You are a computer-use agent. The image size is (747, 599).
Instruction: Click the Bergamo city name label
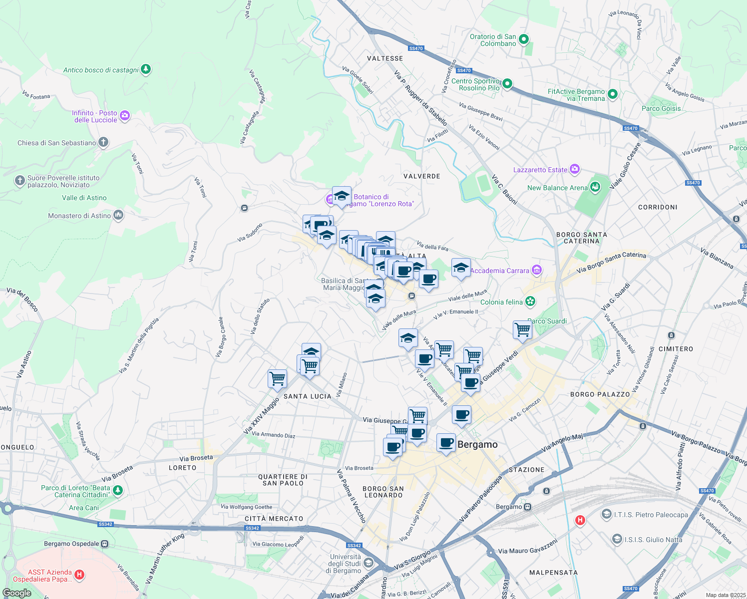click(477, 444)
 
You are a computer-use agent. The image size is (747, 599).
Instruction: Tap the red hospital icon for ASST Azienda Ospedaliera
click(79, 576)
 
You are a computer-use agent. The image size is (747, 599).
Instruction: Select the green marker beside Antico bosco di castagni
click(146, 69)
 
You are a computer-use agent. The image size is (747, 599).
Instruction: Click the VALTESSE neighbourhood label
click(384, 58)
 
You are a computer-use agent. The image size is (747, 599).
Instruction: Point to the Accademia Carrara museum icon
click(537, 270)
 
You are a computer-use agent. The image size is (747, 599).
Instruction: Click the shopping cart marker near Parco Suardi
click(522, 329)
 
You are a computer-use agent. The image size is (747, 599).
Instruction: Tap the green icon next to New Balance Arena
click(595, 187)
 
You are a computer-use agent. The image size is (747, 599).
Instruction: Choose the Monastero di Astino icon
click(118, 215)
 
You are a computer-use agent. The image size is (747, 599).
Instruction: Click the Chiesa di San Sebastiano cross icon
click(103, 142)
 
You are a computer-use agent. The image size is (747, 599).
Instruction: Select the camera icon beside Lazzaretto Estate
click(575, 169)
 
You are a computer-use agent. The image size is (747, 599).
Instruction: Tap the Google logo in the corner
click(17, 593)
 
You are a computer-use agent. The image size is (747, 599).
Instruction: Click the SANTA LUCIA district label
click(307, 396)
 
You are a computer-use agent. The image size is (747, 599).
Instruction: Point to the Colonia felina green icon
click(530, 301)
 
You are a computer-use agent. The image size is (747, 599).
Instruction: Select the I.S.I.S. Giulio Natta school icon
click(617, 539)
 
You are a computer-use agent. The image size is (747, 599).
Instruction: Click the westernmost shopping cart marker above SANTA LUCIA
click(277, 378)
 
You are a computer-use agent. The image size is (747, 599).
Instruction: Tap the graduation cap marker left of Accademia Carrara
click(461, 268)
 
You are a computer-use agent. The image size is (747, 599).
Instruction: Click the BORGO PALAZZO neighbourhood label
click(600, 394)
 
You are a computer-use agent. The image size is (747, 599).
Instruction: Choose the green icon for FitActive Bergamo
click(613, 94)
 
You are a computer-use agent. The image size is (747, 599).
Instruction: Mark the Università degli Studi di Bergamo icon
click(369, 563)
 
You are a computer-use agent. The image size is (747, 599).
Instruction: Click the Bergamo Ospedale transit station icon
click(104, 544)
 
